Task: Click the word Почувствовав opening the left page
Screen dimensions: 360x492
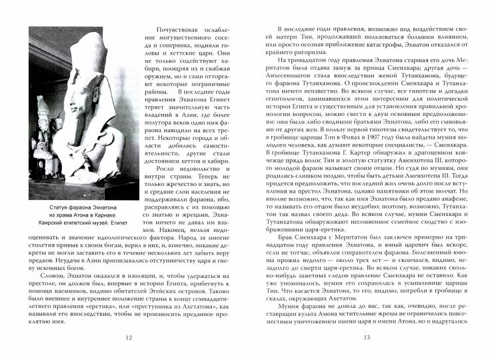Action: (x=179, y=31)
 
